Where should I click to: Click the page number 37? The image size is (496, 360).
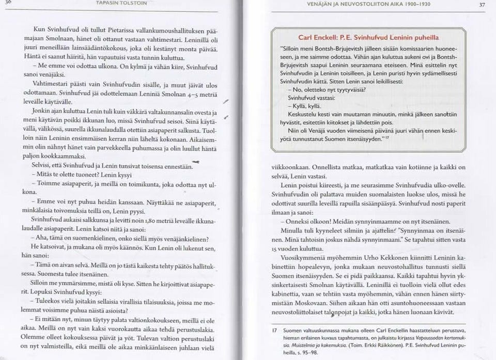pyautogui.click(x=482, y=5)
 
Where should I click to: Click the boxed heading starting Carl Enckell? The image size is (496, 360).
pyautogui.click(x=369, y=37)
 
